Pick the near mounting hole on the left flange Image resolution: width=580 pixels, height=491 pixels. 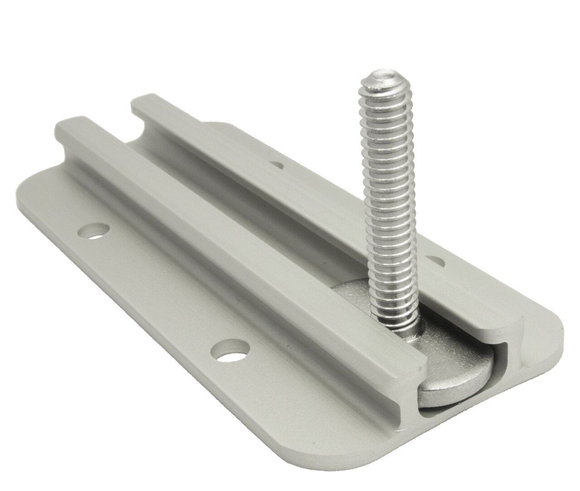coord(232,352)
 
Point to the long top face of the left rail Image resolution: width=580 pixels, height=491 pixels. coord(227,227)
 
